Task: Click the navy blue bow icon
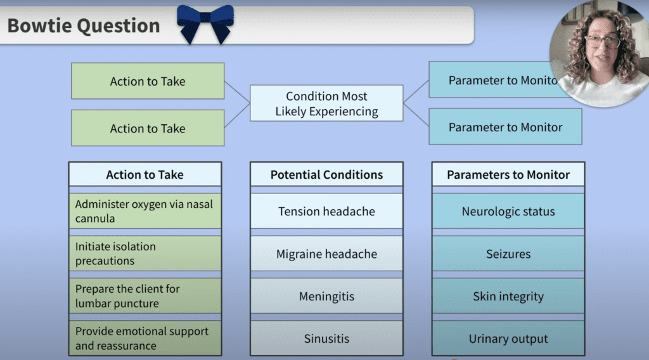tap(205, 23)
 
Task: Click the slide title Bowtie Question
tap(84, 26)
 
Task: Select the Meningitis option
tap(326, 296)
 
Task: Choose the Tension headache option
tap(326, 211)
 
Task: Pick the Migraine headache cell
tap(326, 254)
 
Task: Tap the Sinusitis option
tap(326, 338)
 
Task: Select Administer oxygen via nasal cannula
tap(145, 211)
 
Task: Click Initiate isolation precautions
tap(145, 254)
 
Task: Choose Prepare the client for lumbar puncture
tap(145, 296)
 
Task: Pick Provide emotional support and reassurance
tap(145, 338)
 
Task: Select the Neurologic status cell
tap(508, 211)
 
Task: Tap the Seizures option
tap(508, 254)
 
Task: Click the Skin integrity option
tap(508, 296)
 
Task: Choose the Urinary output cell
tap(508, 338)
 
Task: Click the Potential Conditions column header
tap(326, 174)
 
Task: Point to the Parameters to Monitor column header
tap(508, 174)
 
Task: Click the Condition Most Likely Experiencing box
tap(326, 104)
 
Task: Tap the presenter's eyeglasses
tap(602, 42)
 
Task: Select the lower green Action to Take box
tap(148, 128)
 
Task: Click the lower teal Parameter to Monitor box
tap(505, 127)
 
